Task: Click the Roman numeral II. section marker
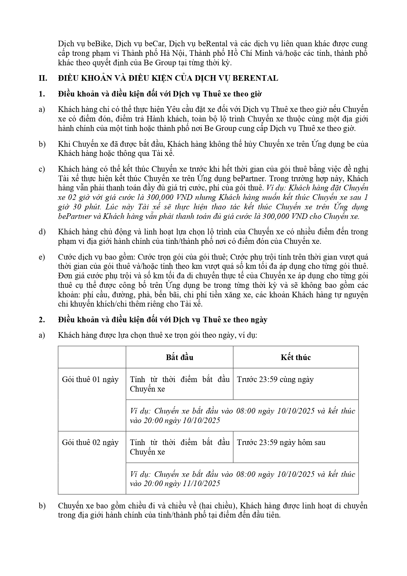(43, 78)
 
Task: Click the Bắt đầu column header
(179, 357)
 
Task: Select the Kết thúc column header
(295, 357)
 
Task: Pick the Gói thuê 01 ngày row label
(90, 379)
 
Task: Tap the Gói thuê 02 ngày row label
(90, 442)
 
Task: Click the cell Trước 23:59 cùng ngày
(275, 379)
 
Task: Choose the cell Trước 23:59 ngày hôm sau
(281, 442)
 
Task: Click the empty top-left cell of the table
(92, 357)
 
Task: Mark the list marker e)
(42, 257)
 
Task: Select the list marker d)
(42, 232)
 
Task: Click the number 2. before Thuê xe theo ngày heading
(41, 320)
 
